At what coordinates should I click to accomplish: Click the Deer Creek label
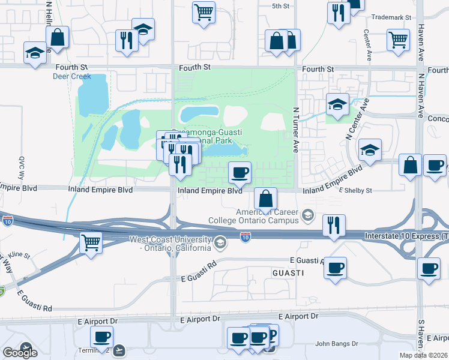[x=72, y=76]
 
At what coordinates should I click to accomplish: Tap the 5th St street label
[x=280, y=6]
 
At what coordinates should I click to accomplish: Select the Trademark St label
[x=391, y=18]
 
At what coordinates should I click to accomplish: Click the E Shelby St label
[x=356, y=190]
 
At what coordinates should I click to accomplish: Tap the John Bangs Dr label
[x=337, y=344]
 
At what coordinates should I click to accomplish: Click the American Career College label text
[x=267, y=216]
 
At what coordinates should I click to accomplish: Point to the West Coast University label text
[x=171, y=244]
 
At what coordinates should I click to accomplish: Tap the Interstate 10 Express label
[x=405, y=237]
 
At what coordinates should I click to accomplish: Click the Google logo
[x=20, y=352]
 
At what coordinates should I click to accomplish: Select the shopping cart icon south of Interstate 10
[x=91, y=243]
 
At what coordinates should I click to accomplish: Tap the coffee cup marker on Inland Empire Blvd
[x=240, y=173]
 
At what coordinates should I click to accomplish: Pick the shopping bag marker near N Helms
[x=57, y=37]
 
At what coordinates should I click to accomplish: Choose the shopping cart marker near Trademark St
[x=399, y=40]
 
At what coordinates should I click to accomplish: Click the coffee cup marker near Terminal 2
[x=101, y=337]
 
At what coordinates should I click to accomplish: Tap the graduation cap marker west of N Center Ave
[x=337, y=104]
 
